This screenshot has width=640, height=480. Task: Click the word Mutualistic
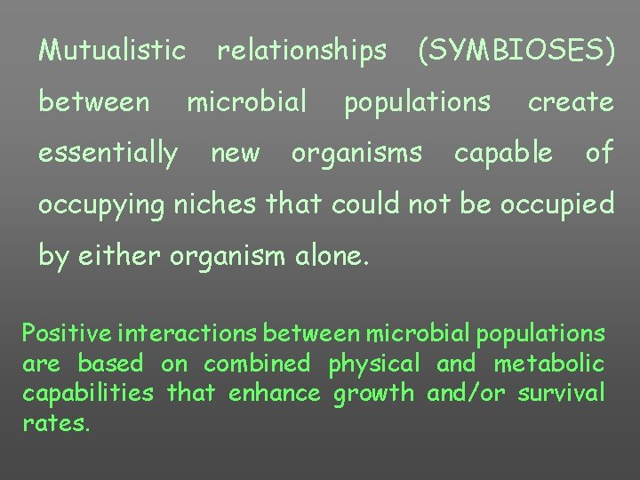(112, 51)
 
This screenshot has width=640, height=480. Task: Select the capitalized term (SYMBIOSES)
(516, 52)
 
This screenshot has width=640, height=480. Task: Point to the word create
(571, 102)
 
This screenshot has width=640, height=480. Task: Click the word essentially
(108, 154)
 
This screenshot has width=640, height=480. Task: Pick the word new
(236, 154)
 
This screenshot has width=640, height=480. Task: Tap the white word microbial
(247, 102)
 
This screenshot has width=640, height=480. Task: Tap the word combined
(257, 364)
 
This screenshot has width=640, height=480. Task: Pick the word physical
(373, 364)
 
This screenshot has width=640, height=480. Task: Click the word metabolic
(549, 364)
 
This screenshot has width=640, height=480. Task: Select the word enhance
(277, 393)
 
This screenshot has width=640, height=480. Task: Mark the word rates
(56, 423)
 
